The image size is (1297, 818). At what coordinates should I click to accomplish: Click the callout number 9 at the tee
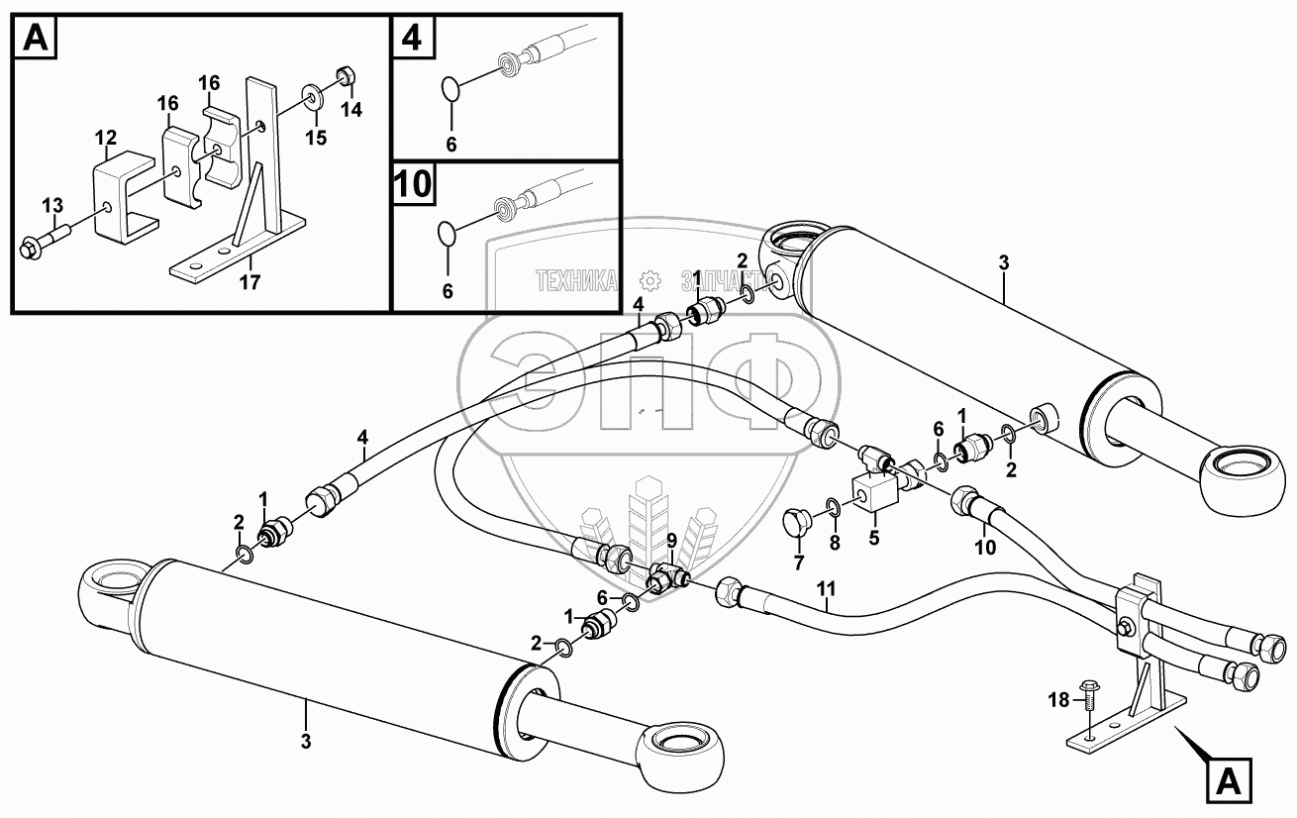(x=670, y=540)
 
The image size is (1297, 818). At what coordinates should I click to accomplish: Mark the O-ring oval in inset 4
(x=449, y=89)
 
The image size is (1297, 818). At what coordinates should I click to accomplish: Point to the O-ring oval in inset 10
(x=448, y=236)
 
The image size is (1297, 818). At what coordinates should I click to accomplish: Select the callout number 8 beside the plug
(x=834, y=542)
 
